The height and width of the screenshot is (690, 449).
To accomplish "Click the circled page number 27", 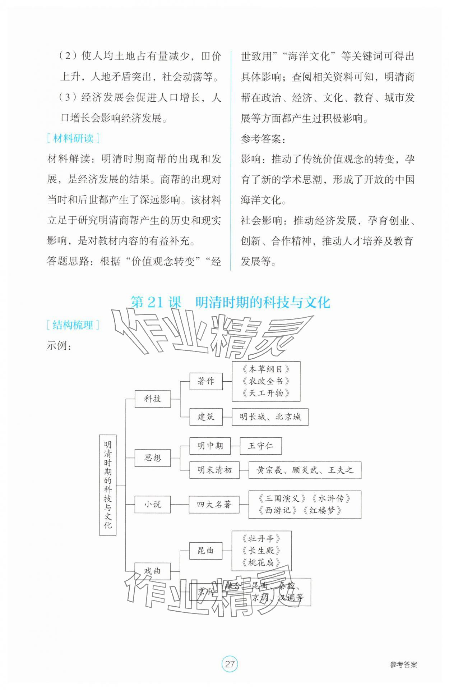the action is click(x=230, y=664).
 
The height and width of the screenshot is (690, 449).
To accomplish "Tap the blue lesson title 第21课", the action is click(x=156, y=302).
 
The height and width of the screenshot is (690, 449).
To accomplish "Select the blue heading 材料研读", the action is click(x=73, y=138).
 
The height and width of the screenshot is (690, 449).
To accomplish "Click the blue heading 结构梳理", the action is click(x=73, y=325).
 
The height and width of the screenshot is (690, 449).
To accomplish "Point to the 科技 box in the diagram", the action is click(x=152, y=399).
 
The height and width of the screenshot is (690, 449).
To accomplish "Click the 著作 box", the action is click(x=206, y=381).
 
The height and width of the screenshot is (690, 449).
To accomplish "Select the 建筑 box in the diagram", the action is click(x=206, y=417).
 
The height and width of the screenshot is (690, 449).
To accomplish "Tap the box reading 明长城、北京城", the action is click(x=270, y=417).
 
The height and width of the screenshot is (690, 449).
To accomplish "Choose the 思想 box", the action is click(x=152, y=457).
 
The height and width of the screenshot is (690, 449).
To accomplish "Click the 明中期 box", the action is click(x=210, y=446).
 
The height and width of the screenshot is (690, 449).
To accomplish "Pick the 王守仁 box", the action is click(x=260, y=446).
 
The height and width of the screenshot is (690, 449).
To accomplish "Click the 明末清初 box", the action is click(x=214, y=470).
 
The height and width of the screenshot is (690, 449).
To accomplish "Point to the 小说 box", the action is click(x=152, y=504).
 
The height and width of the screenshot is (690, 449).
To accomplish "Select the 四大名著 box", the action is click(x=214, y=504).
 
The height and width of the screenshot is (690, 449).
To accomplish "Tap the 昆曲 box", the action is click(x=206, y=551).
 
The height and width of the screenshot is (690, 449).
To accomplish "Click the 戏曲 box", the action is click(x=152, y=571).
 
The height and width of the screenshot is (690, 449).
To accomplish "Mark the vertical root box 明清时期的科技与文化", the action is click(x=108, y=485).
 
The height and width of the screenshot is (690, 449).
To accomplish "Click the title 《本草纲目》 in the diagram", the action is click(x=266, y=369).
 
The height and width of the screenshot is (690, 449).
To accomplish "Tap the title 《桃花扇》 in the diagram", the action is click(x=261, y=562).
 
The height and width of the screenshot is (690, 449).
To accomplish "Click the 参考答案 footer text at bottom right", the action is click(x=404, y=664).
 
